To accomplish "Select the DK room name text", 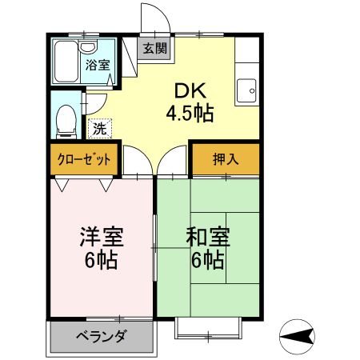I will point(190,91).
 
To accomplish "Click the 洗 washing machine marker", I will point(99,127).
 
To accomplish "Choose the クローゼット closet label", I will point(84,159).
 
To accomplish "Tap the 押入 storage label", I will point(226,159).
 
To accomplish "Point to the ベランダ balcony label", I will point(101,336).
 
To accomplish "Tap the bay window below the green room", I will point(207,326).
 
